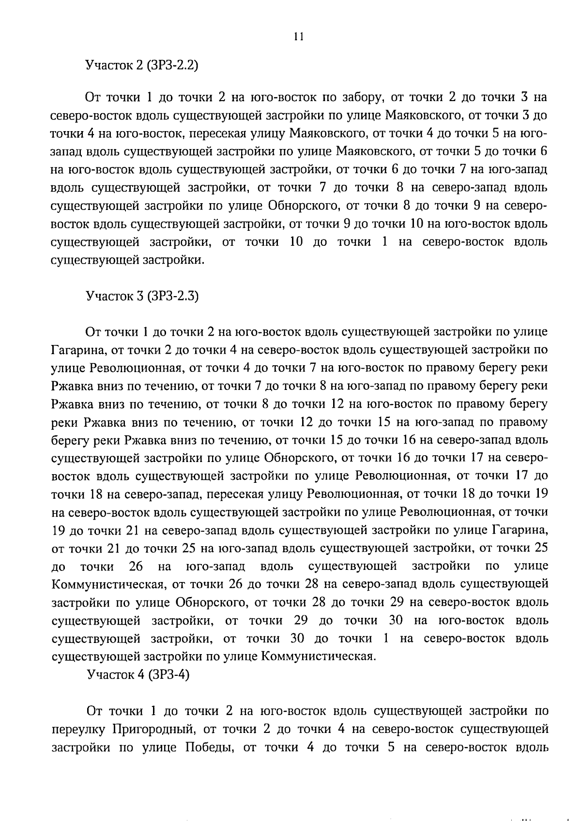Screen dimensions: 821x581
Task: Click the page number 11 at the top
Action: (x=298, y=37)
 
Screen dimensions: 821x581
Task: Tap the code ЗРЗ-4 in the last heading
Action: (x=169, y=674)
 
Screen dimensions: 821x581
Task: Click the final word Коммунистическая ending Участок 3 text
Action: (x=318, y=657)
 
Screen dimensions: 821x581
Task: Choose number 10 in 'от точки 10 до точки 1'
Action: (x=296, y=242)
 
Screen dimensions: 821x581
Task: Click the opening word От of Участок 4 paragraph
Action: (x=94, y=711)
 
